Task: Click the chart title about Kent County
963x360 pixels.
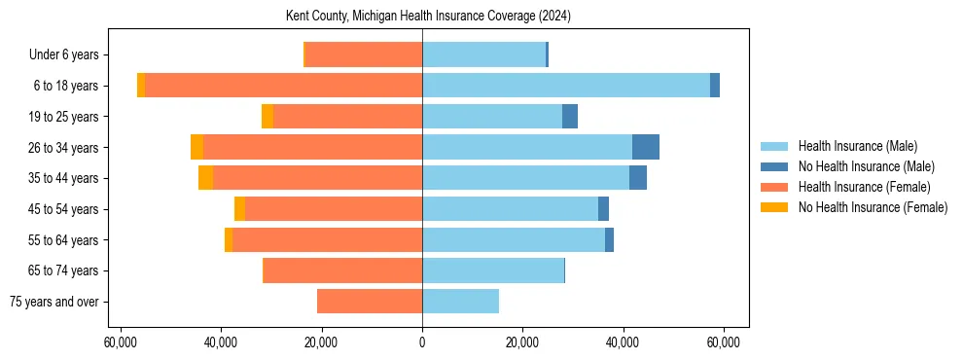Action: (428, 17)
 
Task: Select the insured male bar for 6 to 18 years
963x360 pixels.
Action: (565, 86)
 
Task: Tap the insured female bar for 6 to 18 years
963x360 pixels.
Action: (283, 86)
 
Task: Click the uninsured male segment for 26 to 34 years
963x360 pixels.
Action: (646, 147)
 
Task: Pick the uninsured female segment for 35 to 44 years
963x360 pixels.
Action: (205, 178)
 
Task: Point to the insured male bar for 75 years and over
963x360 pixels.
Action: (460, 302)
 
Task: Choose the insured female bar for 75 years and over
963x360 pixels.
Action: (370, 302)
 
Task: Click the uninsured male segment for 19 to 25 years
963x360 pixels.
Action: (570, 117)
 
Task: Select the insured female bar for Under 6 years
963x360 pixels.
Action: (364, 54)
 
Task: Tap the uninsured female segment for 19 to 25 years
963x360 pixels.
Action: (267, 117)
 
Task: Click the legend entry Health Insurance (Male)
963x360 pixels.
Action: (857, 146)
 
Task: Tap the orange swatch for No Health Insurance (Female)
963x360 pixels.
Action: (774, 207)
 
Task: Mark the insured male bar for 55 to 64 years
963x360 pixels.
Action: (514, 239)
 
